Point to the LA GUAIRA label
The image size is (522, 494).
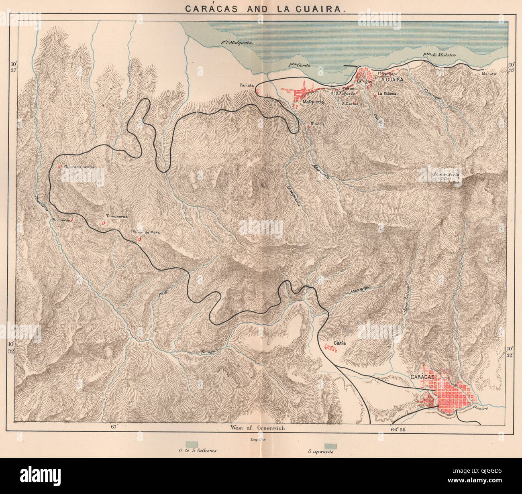[x=390, y=80]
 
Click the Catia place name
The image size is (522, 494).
[x=339, y=343]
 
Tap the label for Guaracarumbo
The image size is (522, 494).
[x=79, y=167]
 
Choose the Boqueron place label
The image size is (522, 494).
[x=61, y=220]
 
